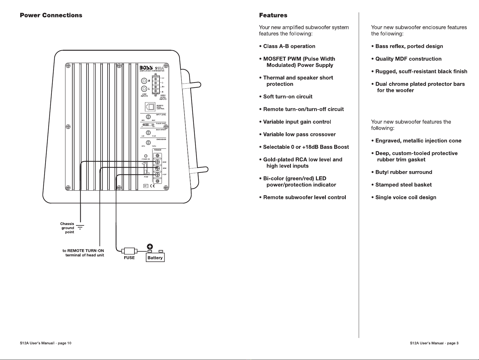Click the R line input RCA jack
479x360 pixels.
pos(144,81)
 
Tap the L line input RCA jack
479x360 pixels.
pos(144,89)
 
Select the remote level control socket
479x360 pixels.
pos(150,107)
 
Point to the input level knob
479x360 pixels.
pos(148,116)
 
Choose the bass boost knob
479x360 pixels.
pos(148,132)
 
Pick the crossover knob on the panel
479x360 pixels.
pos(148,142)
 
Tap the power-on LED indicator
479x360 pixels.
pos(146,155)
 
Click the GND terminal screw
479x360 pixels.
pos(157,162)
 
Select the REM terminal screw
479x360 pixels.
pos(157,168)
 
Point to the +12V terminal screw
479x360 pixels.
pos(157,174)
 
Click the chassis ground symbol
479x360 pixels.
pos(80,227)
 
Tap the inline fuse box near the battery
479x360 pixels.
pos(129,251)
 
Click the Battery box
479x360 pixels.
pos(155,258)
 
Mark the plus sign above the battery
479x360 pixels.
pos(150,246)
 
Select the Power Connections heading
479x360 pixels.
pos(51,15)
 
